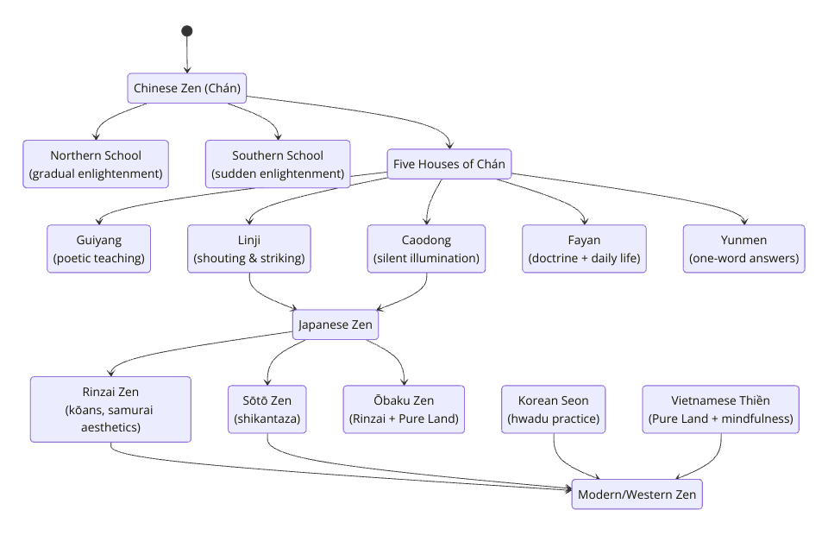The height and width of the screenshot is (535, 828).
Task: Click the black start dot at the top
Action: point(187,31)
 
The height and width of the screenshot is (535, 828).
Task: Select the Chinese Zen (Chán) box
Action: point(187,88)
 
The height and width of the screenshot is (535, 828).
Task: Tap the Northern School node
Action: point(96,164)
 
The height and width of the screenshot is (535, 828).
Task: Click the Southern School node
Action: point(278,164)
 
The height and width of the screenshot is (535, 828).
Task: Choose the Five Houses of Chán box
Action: point(448,164)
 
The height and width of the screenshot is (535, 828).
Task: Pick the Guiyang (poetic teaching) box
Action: point(98,249)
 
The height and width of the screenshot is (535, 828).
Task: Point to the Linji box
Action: point(249,249)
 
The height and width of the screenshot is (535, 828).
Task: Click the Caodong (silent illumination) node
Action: point(426,249)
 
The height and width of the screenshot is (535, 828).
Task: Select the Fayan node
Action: point(584,249)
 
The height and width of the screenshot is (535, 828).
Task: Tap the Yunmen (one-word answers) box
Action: point(744,249)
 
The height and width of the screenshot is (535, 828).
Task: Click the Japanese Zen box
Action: point(336,324)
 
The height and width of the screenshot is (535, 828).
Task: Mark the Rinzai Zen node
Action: point(110,409)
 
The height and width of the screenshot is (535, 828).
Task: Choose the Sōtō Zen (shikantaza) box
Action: point(267,409)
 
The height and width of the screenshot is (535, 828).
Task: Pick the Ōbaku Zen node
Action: point(404,409)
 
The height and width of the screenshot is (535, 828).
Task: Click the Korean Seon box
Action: point(554,409)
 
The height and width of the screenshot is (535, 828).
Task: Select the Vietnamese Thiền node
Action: point(721,409)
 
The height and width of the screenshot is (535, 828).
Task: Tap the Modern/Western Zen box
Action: point(637,494)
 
